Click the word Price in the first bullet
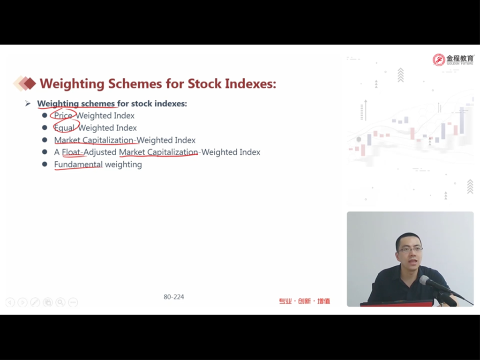(63, 115)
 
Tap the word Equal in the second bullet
(64, 128)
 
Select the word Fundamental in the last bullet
(78, 165)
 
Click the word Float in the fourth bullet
(71, 152)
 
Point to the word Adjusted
(100, 152)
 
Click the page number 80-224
(174, 297)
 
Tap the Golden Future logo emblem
(439, 60)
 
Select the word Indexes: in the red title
(250, 83)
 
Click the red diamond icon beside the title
(30, 83)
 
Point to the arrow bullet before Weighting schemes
(28, 104)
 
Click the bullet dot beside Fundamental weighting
(45, 165)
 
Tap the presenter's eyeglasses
(410, 249)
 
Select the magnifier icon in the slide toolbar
(60, 302)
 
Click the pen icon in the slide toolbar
(35, 302)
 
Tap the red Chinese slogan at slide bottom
(304, 301)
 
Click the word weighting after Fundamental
(123, 165)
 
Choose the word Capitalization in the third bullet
(108, 140)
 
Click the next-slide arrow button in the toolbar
(22, 302)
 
